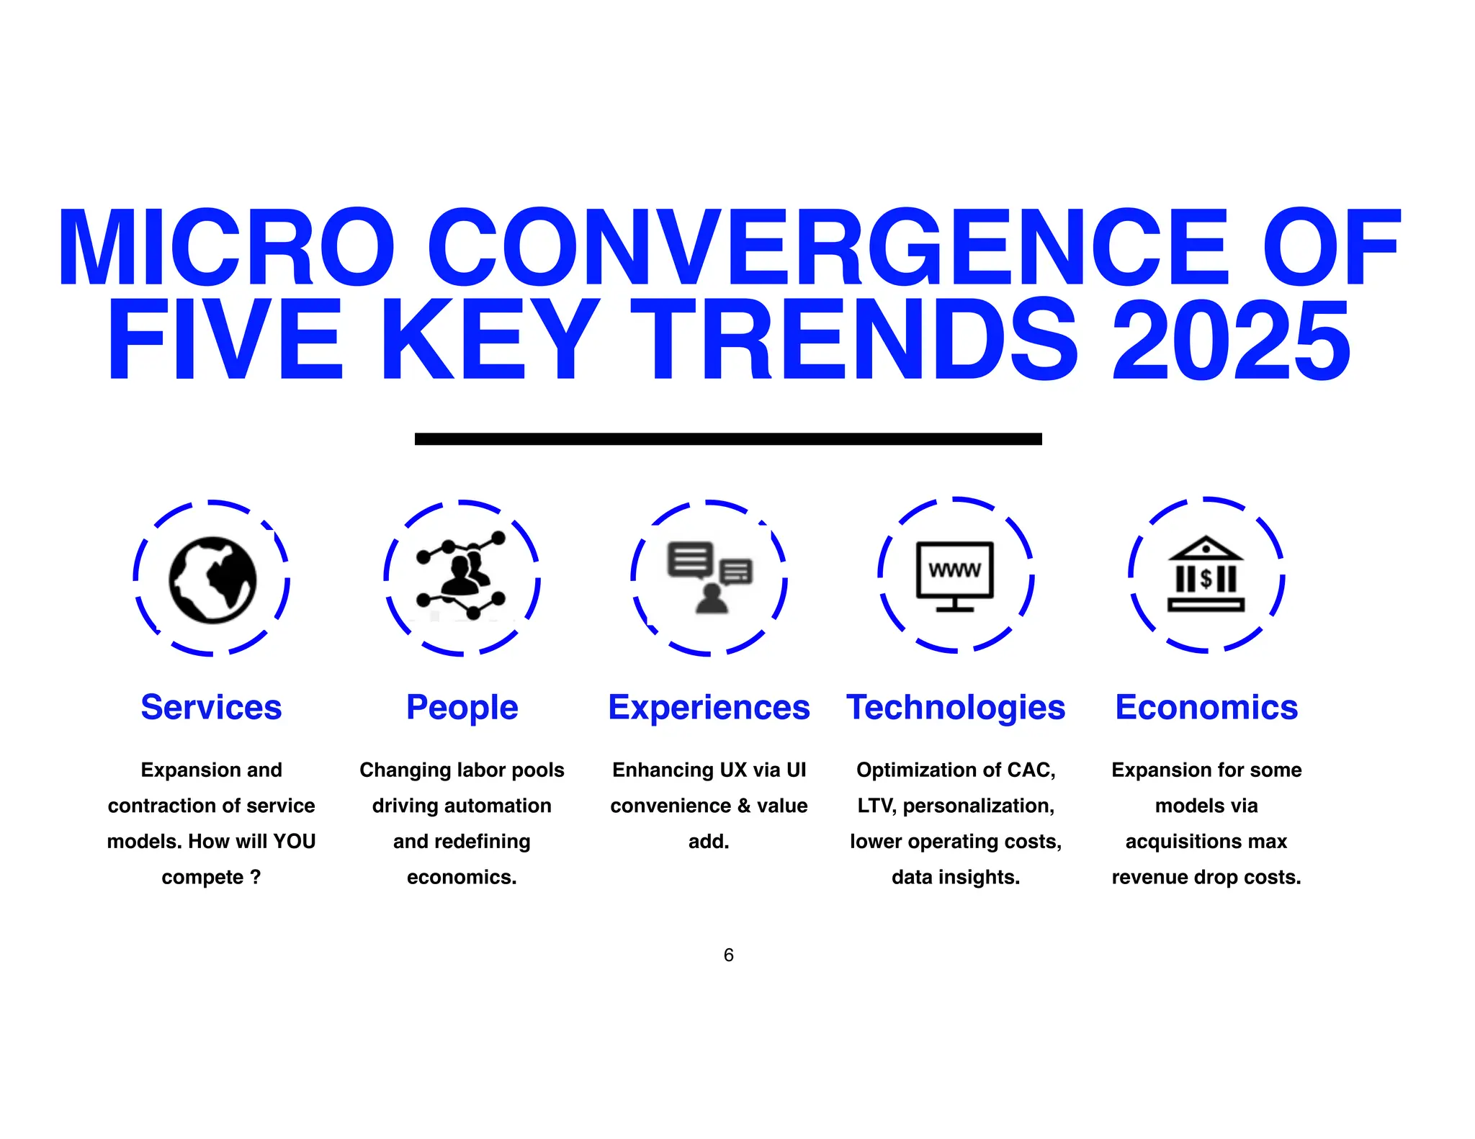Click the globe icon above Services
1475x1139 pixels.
[212, 580]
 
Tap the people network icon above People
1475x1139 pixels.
[462, 575]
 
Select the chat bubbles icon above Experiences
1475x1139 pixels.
[710, 577]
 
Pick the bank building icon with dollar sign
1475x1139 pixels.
[1206, 575]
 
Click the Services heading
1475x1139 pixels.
[211, 707]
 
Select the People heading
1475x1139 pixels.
[462, 707]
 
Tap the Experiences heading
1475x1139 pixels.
[709, 707]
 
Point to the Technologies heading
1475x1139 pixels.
[956, 707]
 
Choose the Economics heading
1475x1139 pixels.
[1206, 707]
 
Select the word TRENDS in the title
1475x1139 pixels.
[853, 341]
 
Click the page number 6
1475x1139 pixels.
[728, 955]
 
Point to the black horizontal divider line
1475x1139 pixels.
[728, 438]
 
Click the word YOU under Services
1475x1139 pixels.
[294, 841]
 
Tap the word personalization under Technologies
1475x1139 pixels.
[978, 806]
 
